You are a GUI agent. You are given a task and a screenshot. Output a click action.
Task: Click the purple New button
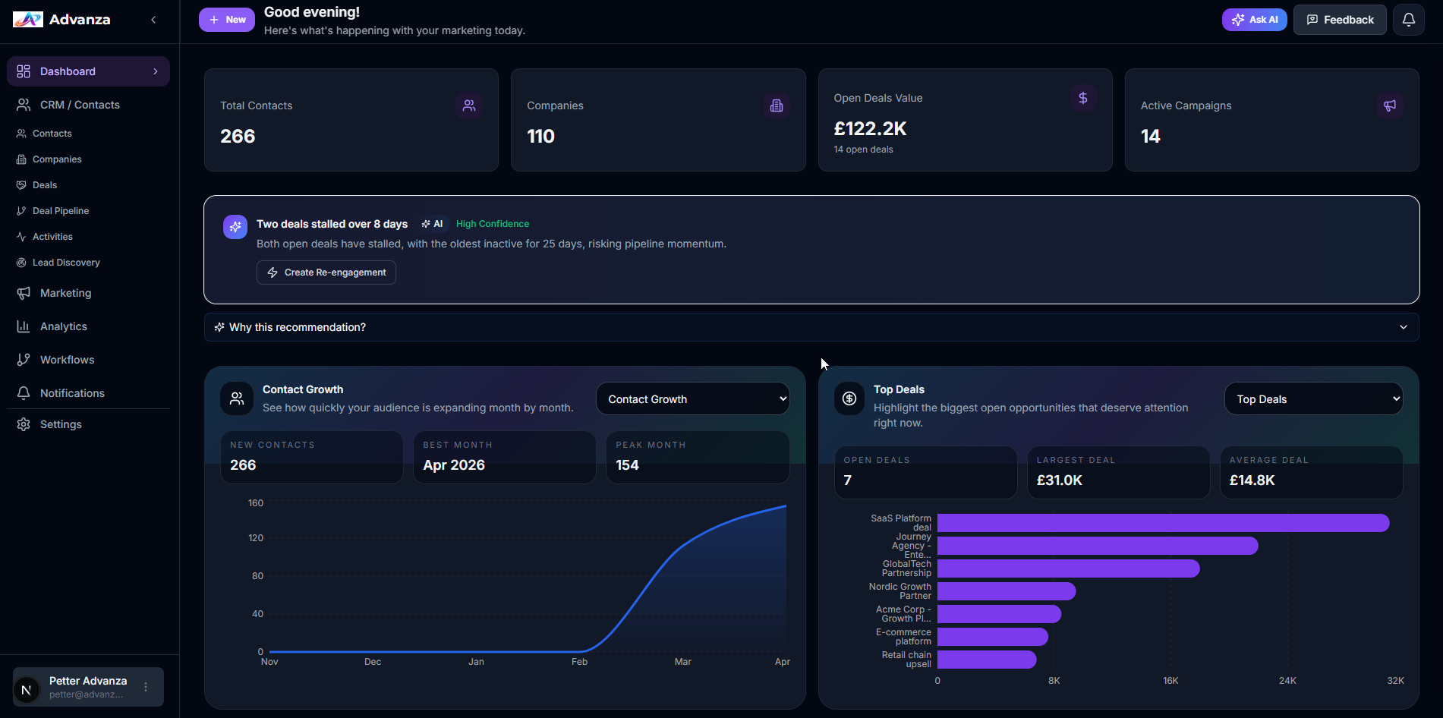click(226, 20)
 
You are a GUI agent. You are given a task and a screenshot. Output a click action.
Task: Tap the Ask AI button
click(1254, 20)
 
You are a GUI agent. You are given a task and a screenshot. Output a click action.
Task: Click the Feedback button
click(1340, 20)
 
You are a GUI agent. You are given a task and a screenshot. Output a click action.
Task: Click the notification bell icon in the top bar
click(1408, 20)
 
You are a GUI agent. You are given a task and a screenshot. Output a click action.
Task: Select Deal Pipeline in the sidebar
click(61, 211)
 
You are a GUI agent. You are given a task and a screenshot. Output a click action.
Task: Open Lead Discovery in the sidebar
click(66, 263)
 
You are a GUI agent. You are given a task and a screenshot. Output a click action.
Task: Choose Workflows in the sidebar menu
click(67, 360)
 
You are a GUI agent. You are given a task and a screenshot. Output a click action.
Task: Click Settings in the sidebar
click(61, 424)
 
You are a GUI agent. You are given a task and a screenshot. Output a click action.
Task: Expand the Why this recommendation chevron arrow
click(1403, 327)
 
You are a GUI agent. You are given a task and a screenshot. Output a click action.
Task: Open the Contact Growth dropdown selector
click(692, 399)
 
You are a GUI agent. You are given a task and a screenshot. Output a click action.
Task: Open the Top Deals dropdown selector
click(1313, 399)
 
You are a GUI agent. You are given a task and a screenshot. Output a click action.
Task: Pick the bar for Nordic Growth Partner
click(1006, 591)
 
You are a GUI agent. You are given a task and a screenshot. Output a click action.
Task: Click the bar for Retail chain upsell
click(986, 660)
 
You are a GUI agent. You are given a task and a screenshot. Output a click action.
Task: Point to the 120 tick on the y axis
click(256, 538)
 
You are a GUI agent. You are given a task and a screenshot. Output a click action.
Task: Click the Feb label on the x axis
click(579, 662)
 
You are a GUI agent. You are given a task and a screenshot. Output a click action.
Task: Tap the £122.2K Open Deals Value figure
click(870, 129)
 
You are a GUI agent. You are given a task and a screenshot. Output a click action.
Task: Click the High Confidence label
click(492, 224)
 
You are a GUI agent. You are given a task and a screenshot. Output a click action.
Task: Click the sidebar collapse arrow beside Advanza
click(153, 20)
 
